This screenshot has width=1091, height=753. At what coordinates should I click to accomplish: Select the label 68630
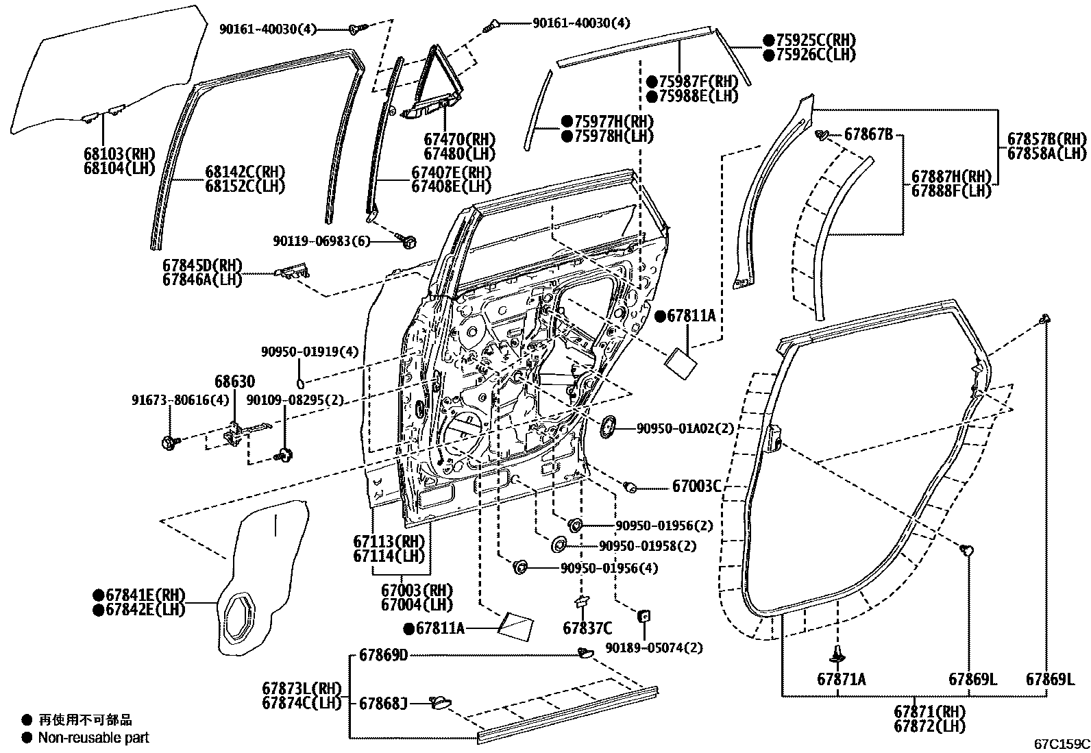(234, 381)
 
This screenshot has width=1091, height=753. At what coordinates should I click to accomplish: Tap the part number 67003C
(696, 486)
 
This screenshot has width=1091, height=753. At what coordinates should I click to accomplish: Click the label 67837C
(587, 628)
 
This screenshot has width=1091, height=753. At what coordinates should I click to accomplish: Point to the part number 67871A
(841, 679)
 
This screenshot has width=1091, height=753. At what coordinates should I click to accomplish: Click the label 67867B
(868, 134)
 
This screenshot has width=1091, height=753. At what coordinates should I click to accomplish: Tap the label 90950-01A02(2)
(685, 428)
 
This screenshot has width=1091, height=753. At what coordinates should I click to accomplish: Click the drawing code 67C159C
(1062, 743)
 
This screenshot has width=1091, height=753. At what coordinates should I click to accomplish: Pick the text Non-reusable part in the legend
(93, 738)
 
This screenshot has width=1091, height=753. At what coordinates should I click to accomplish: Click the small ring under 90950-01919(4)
(300, 382)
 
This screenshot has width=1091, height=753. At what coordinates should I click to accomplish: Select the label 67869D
(383, 656)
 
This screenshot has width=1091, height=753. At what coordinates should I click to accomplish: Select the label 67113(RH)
(389, 541)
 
